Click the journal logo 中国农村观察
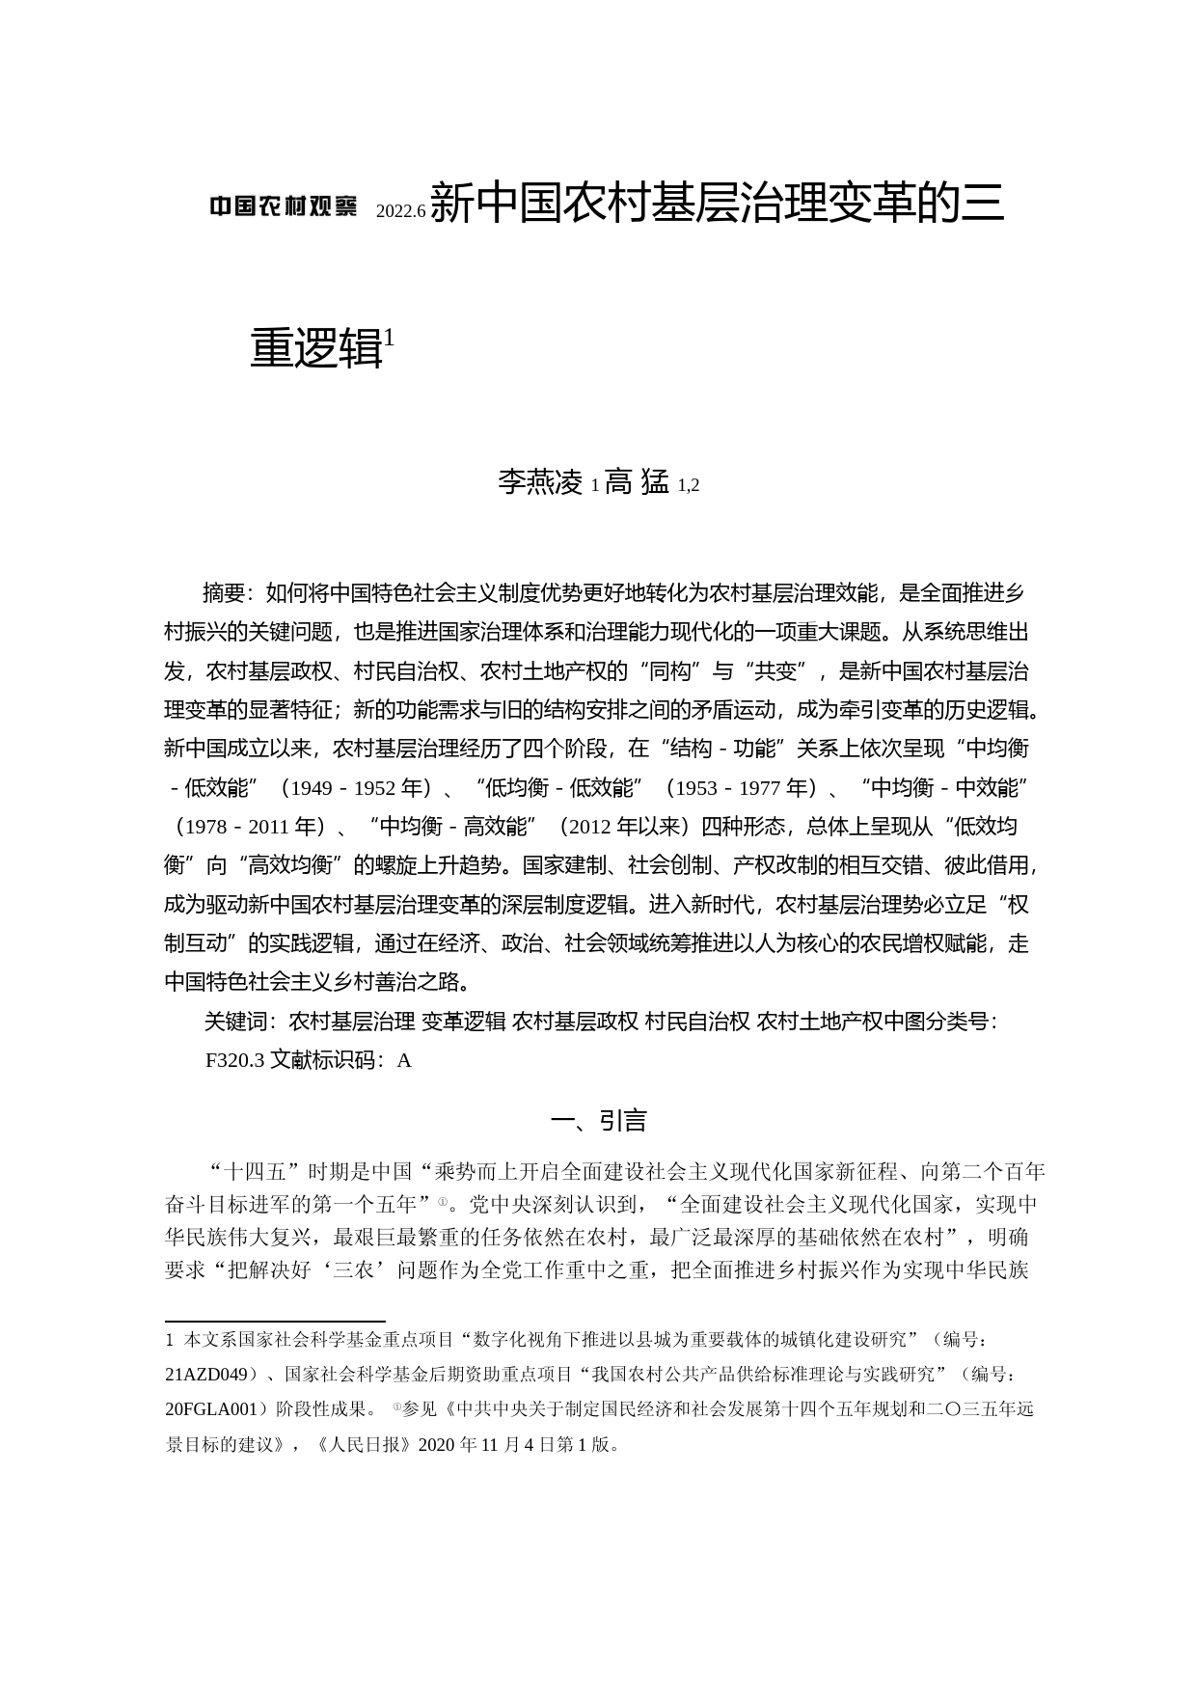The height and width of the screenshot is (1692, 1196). pos(284,206)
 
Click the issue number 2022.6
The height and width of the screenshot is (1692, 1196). pos(400,211)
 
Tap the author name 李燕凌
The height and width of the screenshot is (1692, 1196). pos(540,481)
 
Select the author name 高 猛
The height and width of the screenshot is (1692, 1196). pos(637,481)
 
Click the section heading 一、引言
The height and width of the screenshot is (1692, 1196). pos(598,1120)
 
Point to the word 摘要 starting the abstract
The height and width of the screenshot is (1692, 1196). pos(227,592)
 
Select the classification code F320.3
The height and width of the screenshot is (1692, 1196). pos(234,1060)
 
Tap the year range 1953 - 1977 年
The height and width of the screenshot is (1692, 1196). pos(745,788)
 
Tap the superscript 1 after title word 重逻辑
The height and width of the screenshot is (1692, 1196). pos(389,337)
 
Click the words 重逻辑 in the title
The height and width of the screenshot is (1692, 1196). pos(316,349)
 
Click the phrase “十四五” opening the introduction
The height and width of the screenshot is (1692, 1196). pos(250,1172)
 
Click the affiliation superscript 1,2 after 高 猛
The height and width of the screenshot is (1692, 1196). pos(689,485)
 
